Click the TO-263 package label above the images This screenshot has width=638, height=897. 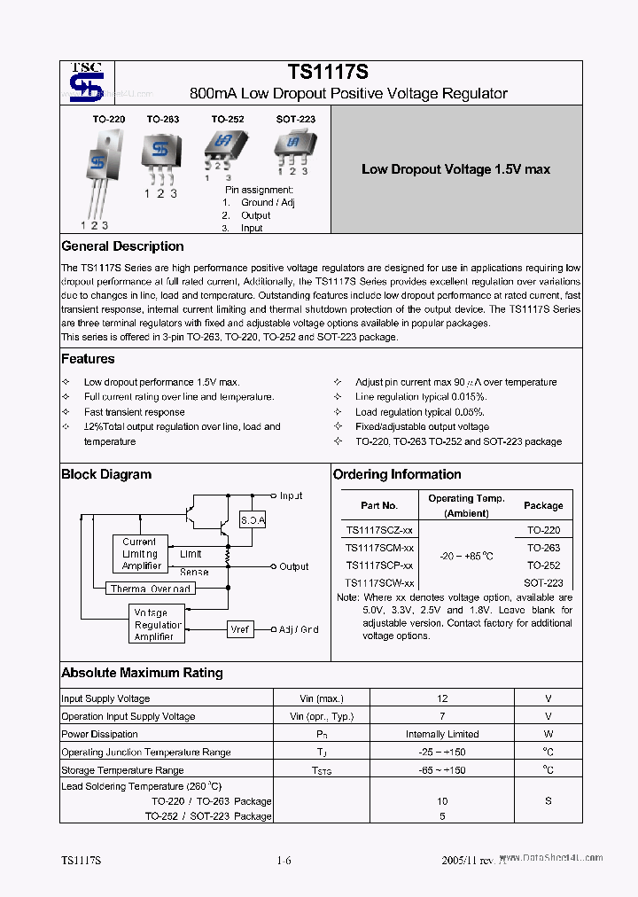click(x=162, y=119)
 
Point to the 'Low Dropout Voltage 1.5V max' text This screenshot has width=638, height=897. click(x=455, y=169)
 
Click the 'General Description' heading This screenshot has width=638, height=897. click(x=122, y=246)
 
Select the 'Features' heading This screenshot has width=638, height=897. click(x=88, y=359)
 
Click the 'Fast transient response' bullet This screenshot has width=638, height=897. click(x=134, y=412)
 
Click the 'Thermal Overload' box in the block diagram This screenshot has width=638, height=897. click(x=151, y=589)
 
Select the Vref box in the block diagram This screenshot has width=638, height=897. click(x=239, y=629)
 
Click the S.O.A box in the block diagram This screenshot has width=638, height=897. click(x=253, y=520)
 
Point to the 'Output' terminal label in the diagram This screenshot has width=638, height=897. click(x=294, y=566)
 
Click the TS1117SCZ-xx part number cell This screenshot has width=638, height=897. click(x=378, y=530)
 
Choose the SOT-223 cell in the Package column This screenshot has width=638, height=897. click(x=544, y=583)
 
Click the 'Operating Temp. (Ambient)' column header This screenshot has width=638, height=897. click(x=466, y=505)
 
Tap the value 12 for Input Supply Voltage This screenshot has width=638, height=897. click(x=442, y=698)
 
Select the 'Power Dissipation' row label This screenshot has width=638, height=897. click(x=99, y=734)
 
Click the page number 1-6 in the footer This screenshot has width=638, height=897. click(x=284, y=861)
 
